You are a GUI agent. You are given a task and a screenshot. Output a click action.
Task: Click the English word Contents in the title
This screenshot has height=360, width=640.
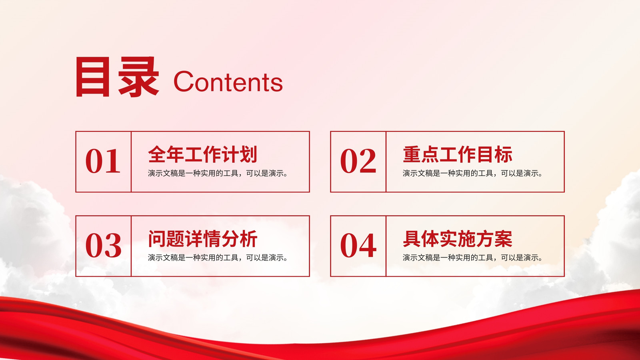pos(228,82)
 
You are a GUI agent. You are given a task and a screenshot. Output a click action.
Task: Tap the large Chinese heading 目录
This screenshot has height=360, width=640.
pos(117,76)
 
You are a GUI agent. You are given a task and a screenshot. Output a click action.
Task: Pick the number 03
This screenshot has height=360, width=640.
pos(104,245)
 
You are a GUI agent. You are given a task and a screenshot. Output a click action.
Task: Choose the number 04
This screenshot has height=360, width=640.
pos(358,245)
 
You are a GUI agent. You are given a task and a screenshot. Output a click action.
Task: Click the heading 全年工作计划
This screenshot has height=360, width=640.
pos(202,154)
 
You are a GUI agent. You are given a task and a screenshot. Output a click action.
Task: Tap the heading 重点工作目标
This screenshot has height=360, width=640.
pos(458,154)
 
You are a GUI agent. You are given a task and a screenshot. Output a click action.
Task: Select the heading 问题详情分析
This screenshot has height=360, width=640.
pos(202,238)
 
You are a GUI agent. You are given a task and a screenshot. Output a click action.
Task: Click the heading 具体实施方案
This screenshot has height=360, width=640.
pos(458,238)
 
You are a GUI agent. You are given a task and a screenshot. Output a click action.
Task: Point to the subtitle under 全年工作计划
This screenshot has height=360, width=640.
pos(218,173)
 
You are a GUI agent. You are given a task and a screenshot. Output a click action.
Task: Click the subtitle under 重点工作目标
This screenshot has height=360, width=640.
pos(472,173)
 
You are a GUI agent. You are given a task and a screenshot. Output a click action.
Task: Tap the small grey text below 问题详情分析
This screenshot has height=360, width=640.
pos(218,258)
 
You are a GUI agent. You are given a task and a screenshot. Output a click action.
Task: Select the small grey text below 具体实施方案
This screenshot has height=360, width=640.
pos(472,258)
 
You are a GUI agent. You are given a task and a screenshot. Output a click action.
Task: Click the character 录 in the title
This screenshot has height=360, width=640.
pos(138,76)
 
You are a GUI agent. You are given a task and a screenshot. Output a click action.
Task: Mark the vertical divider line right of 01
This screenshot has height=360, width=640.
pos(131,162)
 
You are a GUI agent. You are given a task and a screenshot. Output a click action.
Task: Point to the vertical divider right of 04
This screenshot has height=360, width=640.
pos(386,246)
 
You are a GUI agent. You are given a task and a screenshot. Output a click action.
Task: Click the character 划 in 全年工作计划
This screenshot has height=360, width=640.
pos(248,154)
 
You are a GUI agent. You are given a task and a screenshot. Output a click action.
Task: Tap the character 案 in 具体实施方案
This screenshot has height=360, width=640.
pos(504,238)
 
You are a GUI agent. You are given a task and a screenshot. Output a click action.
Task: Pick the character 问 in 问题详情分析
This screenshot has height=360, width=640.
pos(157,238)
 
